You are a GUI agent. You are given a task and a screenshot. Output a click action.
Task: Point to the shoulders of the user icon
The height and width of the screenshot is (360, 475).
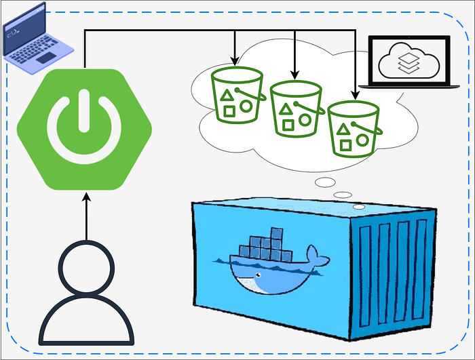click(x=87, y=322)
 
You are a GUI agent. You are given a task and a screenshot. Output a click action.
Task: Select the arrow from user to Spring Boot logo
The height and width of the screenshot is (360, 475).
click(x=87, y=217)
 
